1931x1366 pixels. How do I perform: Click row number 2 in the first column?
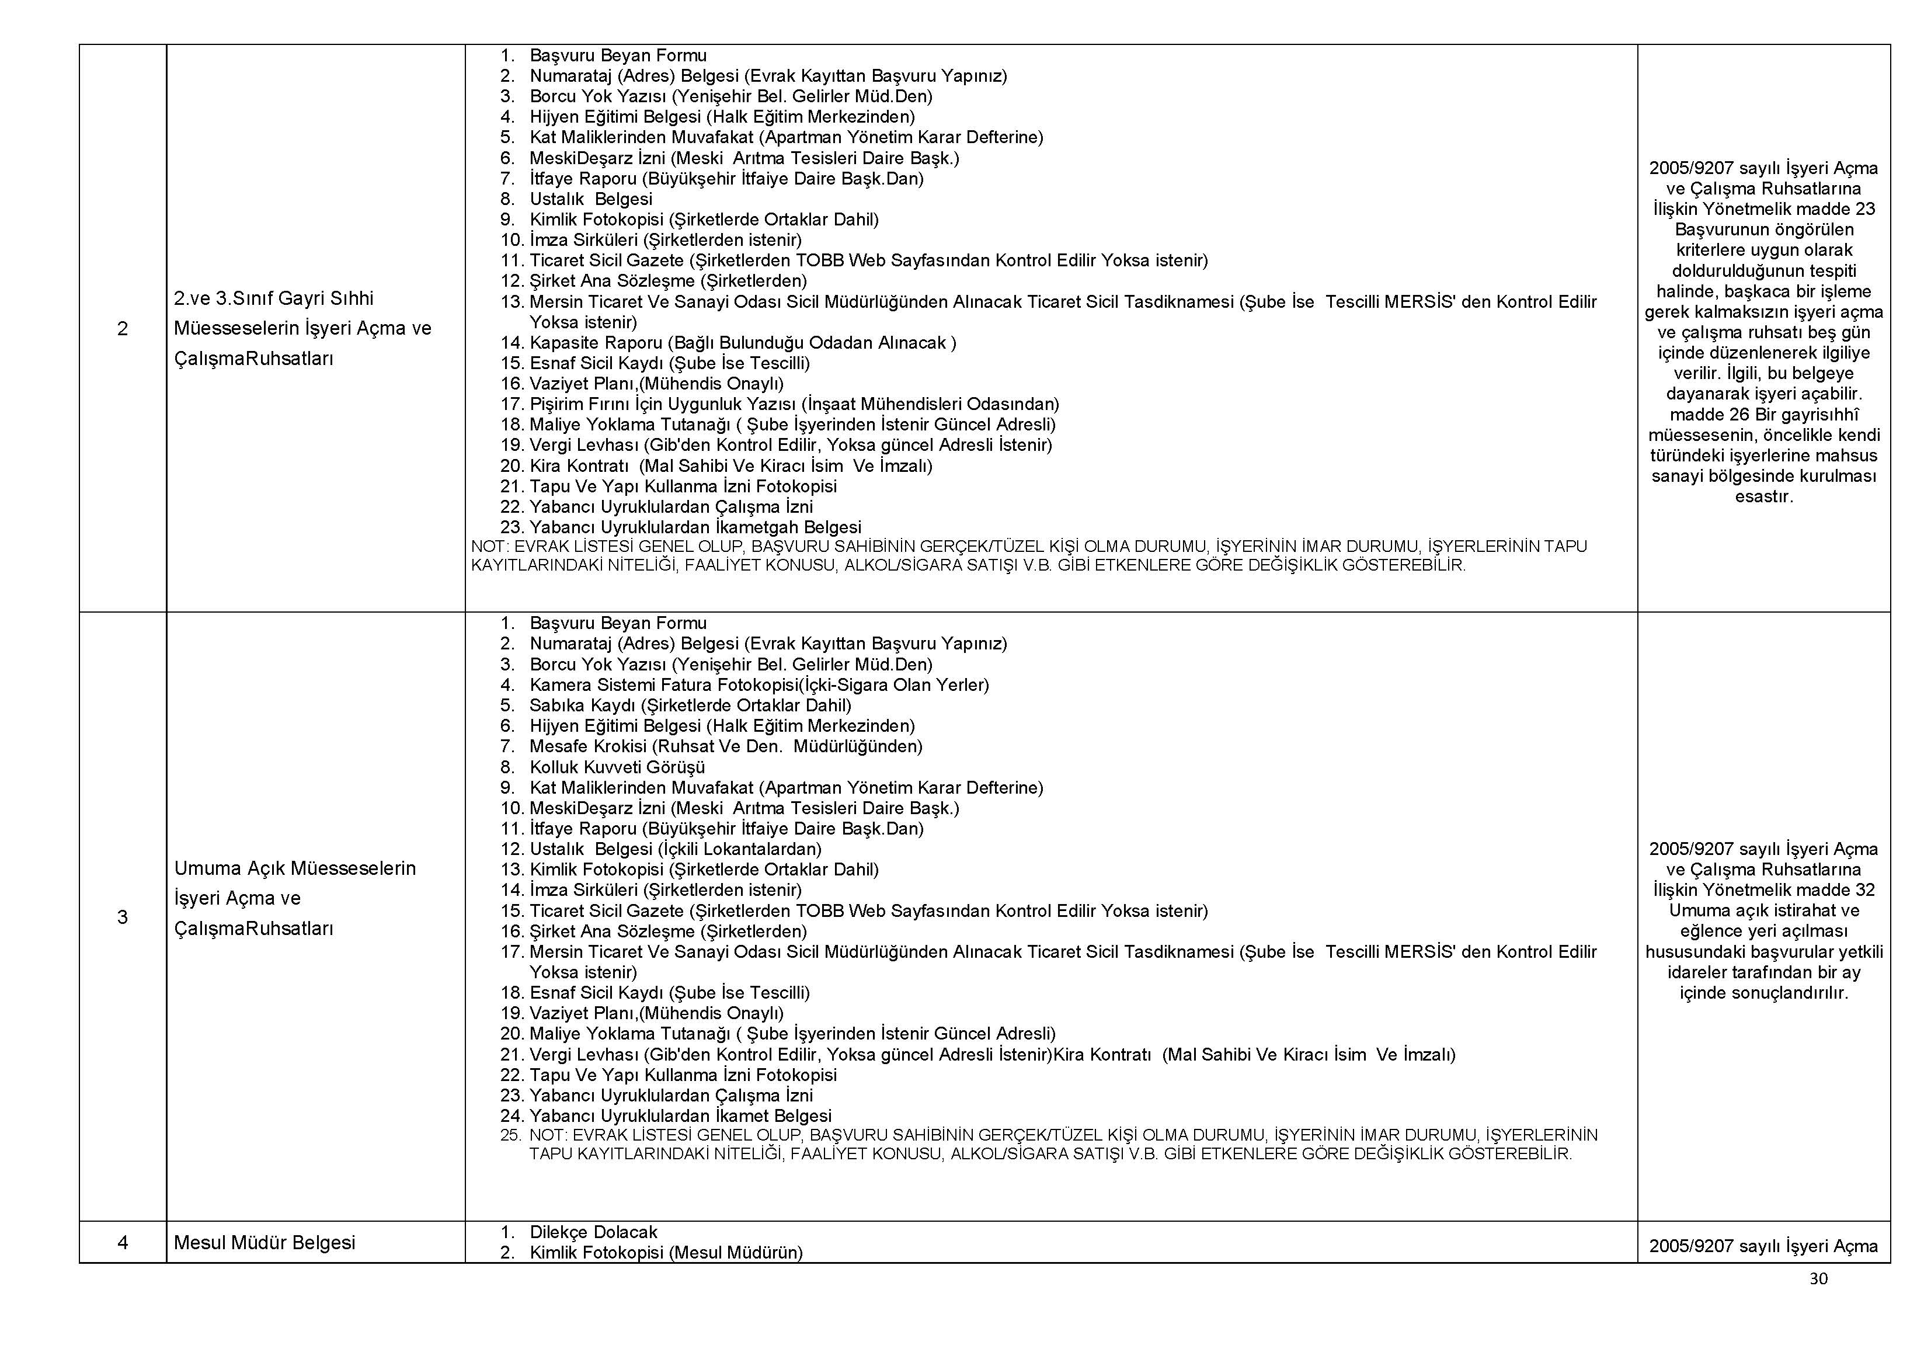click(x=123, y=329)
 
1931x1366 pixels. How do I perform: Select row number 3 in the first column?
click(x=123, y=917)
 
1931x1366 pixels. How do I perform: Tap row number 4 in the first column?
click(x=123, y=1242)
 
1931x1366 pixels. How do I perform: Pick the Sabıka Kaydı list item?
click(x=690, y=705)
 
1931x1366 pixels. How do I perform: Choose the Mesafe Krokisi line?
click(x=725, y=746)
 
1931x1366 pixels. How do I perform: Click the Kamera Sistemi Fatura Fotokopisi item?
click(x=759, y=684)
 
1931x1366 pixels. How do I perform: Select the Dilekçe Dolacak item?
click(x=593, y=1232)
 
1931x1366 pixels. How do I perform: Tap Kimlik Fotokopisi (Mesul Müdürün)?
click(x=665, y=1253)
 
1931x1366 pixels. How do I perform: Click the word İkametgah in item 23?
click(x=755, y=527)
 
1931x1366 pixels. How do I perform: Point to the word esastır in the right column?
click(x=1763, y=496)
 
